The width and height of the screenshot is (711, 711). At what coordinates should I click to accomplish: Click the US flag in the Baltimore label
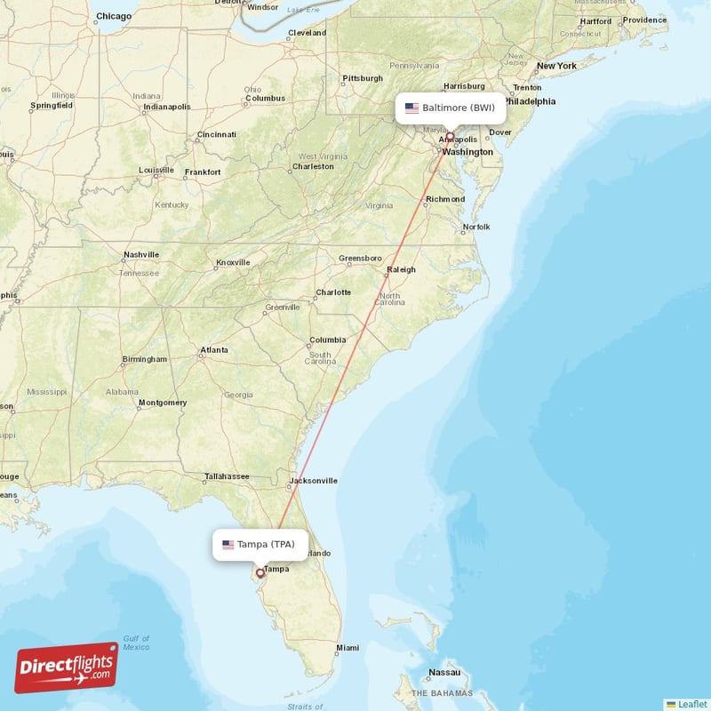pos(411,108)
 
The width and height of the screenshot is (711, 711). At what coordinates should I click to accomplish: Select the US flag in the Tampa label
pos(228,544)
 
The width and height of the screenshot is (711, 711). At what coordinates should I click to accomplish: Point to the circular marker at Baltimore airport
pos(450,137)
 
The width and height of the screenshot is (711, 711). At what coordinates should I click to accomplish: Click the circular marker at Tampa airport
pos(260,573)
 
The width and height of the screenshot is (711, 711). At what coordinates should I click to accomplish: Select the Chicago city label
pos(113,16)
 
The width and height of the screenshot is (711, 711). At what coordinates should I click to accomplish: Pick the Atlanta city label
pos(213,350)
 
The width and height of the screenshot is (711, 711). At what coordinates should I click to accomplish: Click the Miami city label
pos(348,648)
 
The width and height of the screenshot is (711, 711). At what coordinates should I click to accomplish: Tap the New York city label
pos(555,66)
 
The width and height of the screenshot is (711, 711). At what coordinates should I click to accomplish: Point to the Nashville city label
pos(140,254)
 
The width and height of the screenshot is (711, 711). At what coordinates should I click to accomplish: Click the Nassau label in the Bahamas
pos(443,673)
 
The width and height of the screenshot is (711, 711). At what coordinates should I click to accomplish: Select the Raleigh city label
pos(400,270)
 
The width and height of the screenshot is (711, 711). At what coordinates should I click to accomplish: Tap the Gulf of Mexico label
pos(136,643)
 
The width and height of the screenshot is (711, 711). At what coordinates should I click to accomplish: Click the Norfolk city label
pos(475,227)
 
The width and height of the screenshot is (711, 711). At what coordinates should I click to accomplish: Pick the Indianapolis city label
pos(166,108)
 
